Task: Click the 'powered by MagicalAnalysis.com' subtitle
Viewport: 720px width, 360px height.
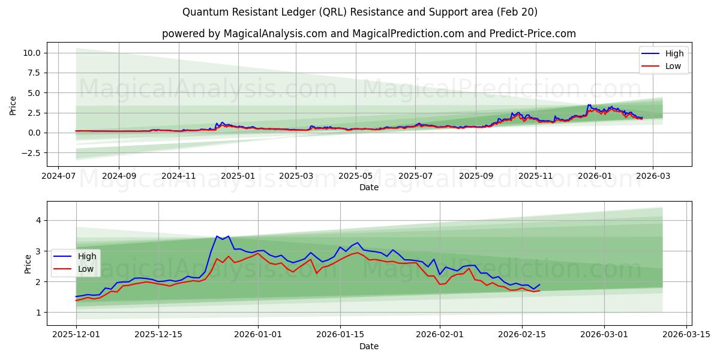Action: (368, 34)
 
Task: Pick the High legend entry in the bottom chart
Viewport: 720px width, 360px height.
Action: (76, 256)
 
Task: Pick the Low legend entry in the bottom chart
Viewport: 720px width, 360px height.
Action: (76, 269)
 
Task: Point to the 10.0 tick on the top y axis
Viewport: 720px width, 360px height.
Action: (31, 53)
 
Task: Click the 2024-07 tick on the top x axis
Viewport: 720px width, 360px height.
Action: (58, 176)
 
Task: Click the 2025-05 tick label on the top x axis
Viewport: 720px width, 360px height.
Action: (356, 176)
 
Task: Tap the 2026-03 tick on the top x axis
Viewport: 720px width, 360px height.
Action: (653, 176)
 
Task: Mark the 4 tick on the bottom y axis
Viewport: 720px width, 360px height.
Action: (38, 220)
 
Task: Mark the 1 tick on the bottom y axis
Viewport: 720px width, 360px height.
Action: (38, 313)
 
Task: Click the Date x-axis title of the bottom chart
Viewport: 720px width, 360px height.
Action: (368, 346)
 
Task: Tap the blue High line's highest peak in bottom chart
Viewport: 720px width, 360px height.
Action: (217, 236)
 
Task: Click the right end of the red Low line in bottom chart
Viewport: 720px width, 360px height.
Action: (539, 290)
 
